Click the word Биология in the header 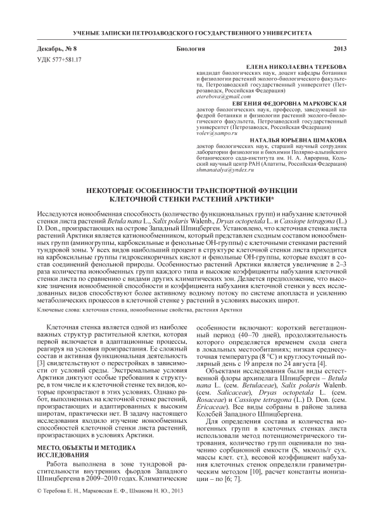click(x=191, y=49)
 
